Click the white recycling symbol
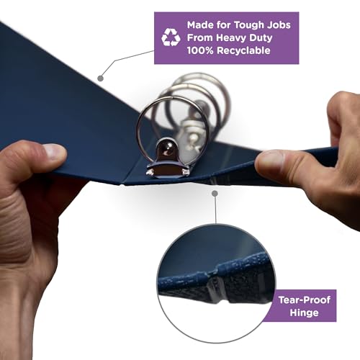[x=171, y=37]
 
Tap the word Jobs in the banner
[x=279, y=24]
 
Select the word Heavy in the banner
[x=231, y=38]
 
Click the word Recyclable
[x=243, y=51]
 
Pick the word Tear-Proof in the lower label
[x=305, y=300]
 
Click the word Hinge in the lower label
[x=304, y=313]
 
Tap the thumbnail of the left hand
[x=55, y=152]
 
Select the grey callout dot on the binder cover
[x=101, y=78]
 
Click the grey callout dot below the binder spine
[x=215, y=194]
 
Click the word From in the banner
[x=200, y=37]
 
